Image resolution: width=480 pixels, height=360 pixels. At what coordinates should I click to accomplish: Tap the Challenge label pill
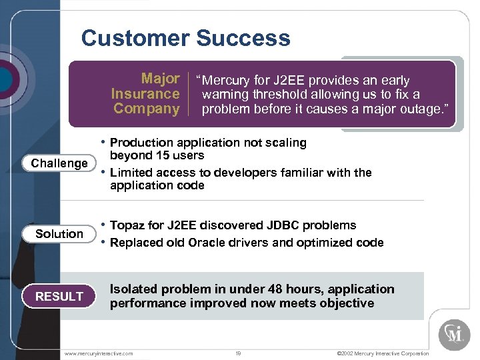point(59,163)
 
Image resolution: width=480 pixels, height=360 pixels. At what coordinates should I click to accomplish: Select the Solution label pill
point(59,234)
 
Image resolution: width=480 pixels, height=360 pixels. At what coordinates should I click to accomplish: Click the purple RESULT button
point(59,297)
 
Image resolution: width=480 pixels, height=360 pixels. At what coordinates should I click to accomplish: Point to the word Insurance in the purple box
point(145,94)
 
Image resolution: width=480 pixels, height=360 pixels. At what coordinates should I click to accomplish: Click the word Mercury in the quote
point(229,81)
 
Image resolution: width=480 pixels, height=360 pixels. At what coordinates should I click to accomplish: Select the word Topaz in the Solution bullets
point(127,225)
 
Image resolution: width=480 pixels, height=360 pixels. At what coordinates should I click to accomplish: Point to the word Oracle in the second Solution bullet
point(205,243)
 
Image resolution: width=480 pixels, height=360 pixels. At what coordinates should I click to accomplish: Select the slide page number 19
point(238,353)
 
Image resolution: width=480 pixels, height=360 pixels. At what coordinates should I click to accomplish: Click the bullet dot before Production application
point(103,143)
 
